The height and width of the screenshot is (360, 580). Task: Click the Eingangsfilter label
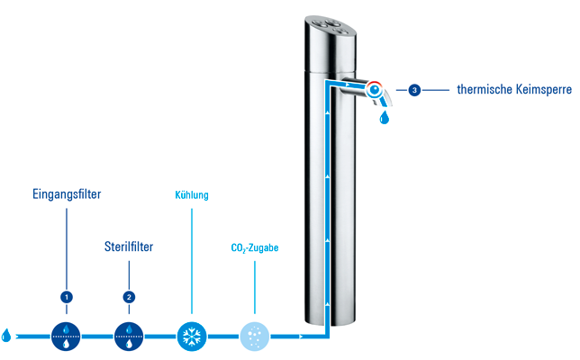pyautogui.click(x=66, y=193)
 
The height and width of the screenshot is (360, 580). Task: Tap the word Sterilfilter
pyautogui.click(x=129, y=246)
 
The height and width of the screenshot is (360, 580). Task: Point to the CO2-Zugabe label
pyautogui.click(x=255, y=246)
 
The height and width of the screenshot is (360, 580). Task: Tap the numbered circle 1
pyautogui.click(x=66, y=296)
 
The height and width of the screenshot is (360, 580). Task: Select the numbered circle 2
pyautogui.click(x=129, y=296)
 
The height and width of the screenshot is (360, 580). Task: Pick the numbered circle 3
pyautogui.click(x=413, y=90)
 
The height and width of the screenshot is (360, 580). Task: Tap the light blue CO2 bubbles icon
pyautogui.click(x=255, y=336)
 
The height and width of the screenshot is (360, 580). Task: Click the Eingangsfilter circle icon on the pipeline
pyautogui.click(x=66, y=336)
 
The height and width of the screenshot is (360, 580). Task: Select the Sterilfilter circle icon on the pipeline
pyautogui.click(x=129, y=336)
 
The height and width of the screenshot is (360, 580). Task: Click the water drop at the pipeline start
pyautogui.click(x=7, y=336)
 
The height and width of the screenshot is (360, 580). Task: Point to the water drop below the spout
pyautogui.click(x=385, y=118)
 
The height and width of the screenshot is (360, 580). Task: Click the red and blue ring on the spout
pyautogui.click(x=374, y=89)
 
